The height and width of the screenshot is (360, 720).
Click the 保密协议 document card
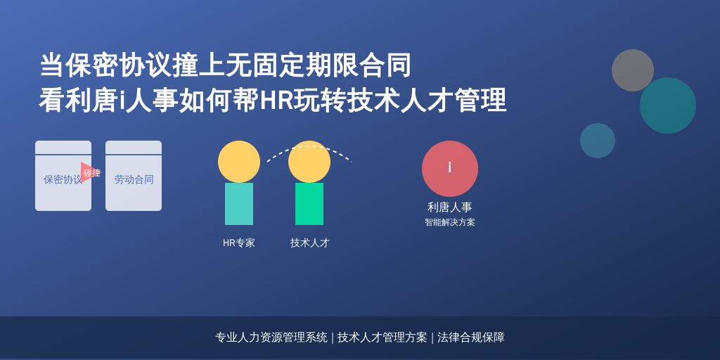click(63, 176)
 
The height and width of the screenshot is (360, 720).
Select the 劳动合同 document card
click(134, 176)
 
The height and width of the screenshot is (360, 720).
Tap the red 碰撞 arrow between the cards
click(91, 172)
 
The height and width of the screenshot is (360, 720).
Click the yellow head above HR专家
click(239, 162)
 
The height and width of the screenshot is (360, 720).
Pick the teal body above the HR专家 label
click(239, 204)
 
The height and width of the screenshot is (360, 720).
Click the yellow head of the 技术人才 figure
click(309, 162)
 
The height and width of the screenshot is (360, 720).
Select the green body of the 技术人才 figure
click(309, 204)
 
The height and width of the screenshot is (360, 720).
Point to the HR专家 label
click(239, 243)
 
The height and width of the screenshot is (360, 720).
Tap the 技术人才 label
click(310, 243)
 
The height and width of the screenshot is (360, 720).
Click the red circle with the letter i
click(450, 169)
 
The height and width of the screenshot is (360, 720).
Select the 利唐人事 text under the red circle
click(450, 207)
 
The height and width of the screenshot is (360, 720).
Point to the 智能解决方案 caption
click(450, 222)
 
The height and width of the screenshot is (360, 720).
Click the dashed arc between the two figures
click(309, 146)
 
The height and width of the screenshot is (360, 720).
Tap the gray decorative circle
click(633, 70)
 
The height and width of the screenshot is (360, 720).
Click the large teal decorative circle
click(668, 105)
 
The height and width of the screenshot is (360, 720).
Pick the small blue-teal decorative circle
click(598, 141)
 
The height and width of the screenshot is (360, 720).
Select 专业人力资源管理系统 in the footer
click(271, 337)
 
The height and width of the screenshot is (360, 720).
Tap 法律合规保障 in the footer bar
click(470, 337)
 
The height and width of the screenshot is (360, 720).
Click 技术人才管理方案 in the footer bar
click(382, 337)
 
